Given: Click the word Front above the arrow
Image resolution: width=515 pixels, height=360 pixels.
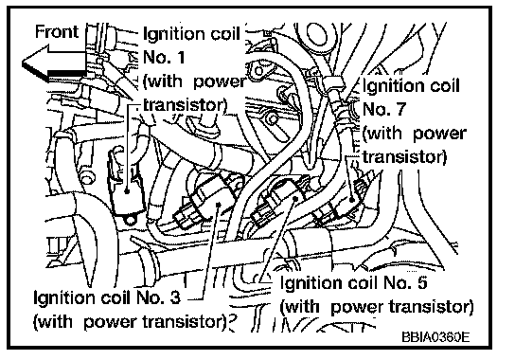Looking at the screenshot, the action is (x=57, y=32).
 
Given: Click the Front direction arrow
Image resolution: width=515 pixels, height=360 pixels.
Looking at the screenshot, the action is (x=54, y=63).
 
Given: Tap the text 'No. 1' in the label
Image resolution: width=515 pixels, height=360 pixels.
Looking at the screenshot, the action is (x=164, y=57).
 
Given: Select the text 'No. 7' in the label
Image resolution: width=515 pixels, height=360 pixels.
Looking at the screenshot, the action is (x=384, y=109).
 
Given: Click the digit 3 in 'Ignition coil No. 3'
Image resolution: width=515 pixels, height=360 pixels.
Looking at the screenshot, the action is (x=175, y=297).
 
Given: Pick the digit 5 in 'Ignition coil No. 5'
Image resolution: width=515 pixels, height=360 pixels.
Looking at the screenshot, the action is (x=421, y=282).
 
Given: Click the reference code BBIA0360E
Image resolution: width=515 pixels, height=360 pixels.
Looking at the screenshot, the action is (x=435, y=337).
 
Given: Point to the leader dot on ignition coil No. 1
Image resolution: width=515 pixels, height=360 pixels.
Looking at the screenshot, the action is (x=128, y=190).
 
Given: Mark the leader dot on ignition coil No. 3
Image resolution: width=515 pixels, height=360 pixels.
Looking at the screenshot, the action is (x=219, y=205).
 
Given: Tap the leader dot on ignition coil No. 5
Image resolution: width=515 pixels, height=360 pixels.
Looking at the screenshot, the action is (x=295, y=198).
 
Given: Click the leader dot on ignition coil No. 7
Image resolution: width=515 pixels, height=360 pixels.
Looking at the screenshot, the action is (x=352, y=199).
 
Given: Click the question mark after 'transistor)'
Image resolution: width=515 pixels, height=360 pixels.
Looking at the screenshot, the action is (x=233, y=322).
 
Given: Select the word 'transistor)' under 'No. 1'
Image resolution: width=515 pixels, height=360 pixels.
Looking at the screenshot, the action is (x=186, y=106).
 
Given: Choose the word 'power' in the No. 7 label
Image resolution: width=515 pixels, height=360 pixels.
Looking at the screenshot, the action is (x=440, y=135).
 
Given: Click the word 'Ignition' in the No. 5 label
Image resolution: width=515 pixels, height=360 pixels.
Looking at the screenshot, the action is (x=308, y=283).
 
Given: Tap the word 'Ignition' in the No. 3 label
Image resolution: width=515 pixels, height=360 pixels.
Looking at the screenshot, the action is (x=62, y=298).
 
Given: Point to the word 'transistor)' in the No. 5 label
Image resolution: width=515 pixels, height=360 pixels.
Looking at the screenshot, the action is (x=431, y=307).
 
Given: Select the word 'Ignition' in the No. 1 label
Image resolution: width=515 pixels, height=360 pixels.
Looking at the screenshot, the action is (x=171, y=35).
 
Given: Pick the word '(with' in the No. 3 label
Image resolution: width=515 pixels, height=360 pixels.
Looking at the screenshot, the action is (x=53, y=322).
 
